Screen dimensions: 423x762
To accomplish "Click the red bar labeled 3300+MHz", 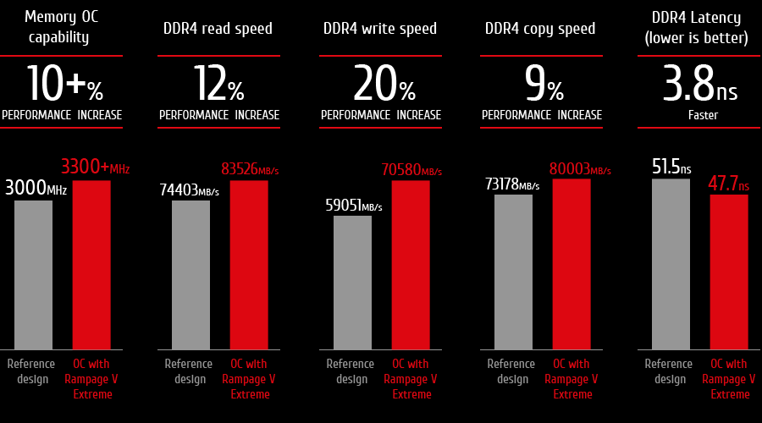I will click(x=91, y=264).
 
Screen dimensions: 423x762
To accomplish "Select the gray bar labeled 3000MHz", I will click(x=33, y=274).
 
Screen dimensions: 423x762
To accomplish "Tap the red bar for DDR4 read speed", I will click(x=249, y=264).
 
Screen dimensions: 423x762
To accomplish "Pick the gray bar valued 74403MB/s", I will click(x=190, y=274).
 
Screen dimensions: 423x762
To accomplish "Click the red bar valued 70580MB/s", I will click(x=411, y=264).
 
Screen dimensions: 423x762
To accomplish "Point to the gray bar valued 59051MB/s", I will click(x=352, y=282).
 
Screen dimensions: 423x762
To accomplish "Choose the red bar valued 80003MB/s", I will click(x=571, y=263).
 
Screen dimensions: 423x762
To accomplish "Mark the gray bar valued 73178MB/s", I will click(x=513, y=272).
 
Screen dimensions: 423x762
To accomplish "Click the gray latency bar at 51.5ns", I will click(x=671, y=263).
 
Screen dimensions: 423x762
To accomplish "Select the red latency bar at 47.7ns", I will click(x=729, y=272).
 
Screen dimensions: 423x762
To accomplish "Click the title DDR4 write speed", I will click(x=380, y=29).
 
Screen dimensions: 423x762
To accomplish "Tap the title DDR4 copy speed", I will click(x=540, y=29).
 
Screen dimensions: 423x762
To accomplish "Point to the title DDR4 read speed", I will click(x=218, y=29).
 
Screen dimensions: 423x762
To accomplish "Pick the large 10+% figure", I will click(x=63, y=84).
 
